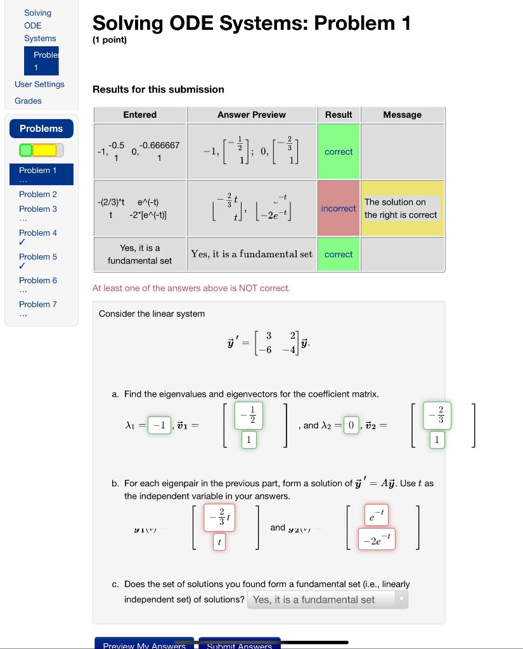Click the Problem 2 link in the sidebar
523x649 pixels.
coord(38,194)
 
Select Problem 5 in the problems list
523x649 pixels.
coord(38,257)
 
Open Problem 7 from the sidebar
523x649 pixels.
coord(38,304)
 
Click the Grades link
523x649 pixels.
coord(28,101)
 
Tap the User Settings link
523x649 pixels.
coord(39,84)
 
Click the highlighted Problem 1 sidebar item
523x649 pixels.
coord(41,170)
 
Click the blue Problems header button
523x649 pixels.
coord(41,129)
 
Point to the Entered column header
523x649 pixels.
coord(139,115)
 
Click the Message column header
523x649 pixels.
coord(402,115)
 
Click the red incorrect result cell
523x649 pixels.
coord(338,209)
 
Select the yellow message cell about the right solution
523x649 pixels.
coord(402,209)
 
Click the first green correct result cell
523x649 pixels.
coord(338,152)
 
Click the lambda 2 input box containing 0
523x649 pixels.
coord(350,426)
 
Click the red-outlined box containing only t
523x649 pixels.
coord(219,543)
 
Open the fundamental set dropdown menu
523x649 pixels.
coord(328,600)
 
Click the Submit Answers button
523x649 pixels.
coord(239,644)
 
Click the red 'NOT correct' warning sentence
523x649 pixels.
coord(191,288)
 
